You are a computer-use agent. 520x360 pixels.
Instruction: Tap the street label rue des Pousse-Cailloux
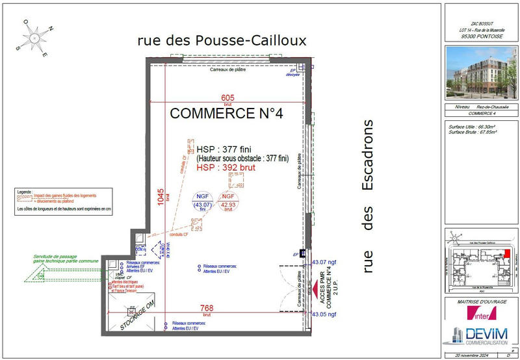222,40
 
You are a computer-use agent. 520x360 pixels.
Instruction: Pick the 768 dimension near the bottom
207,309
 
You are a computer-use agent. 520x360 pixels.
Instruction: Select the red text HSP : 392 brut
225,167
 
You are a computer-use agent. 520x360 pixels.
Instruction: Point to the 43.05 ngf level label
324,314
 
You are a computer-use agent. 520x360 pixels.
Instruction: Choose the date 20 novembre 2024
469,355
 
